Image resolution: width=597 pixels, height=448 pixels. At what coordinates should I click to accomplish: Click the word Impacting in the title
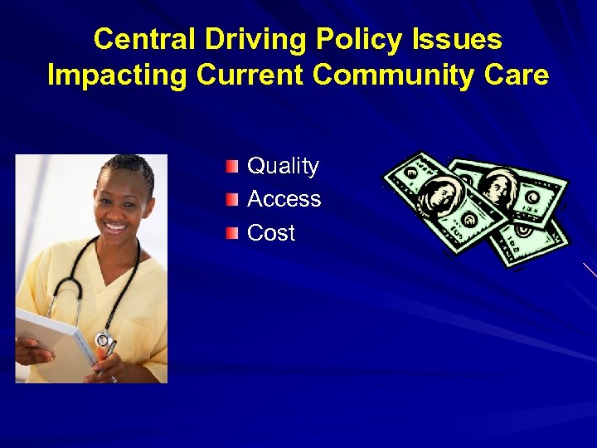pos(119,75)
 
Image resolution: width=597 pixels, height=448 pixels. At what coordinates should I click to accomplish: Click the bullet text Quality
pos(283,166)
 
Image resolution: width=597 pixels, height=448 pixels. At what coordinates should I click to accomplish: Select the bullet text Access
pos(284,199)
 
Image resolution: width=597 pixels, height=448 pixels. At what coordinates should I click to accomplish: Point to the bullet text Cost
pos(271,233)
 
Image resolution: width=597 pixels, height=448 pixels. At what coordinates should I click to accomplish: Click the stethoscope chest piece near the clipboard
pos(104,339)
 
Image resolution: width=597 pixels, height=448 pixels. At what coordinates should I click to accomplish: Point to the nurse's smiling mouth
pos(115,226)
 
